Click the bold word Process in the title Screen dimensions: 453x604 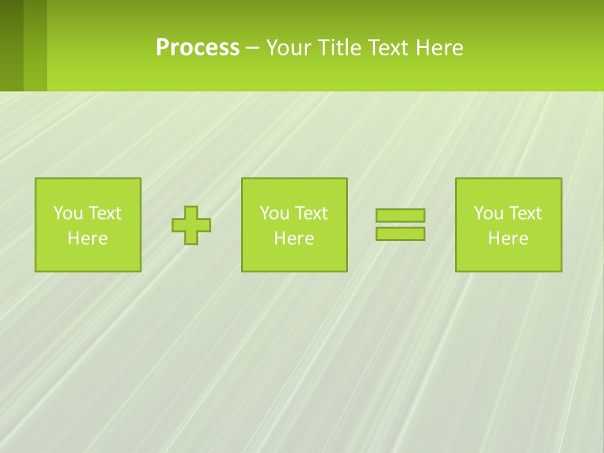tap(198, 48)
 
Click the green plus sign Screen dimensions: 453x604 tap(191, 225)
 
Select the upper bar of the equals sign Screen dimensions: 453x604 tap(400, 215)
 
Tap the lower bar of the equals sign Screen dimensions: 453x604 tap(400, 233)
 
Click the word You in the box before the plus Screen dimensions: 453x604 tap(68, 213)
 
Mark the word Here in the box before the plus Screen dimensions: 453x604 tap(87, 238)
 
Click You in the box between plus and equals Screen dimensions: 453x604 tap(274, 213)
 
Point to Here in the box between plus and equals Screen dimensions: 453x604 tap(294, 238)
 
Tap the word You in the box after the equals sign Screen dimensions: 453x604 tap(488, 213)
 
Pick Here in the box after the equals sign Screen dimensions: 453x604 tap(508, 238)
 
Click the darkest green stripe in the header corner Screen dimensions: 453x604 tap(11, 45)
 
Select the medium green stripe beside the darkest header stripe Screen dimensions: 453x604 tap(35, 45)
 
